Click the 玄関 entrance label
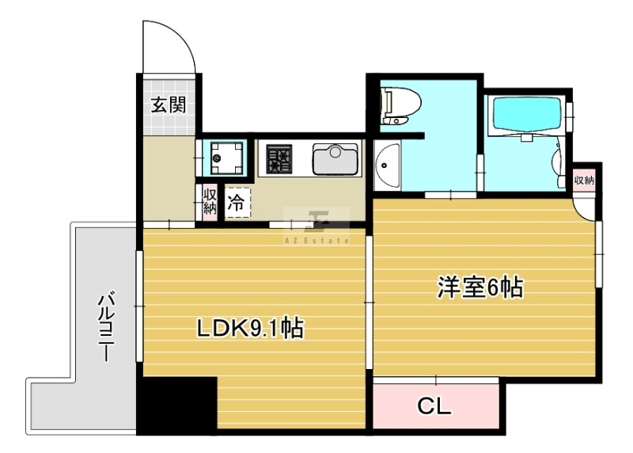[169, 105]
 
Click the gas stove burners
[279, 158]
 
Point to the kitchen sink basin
[335, 160]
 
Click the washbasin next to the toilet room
[387, 165]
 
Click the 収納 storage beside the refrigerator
[209, 202]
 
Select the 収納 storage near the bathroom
[584, 180]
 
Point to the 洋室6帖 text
[479, 287]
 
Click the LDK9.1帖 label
[250, 328]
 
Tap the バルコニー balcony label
[106, 329]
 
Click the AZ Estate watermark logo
[316, 226]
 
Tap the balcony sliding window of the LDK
[138, 306]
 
